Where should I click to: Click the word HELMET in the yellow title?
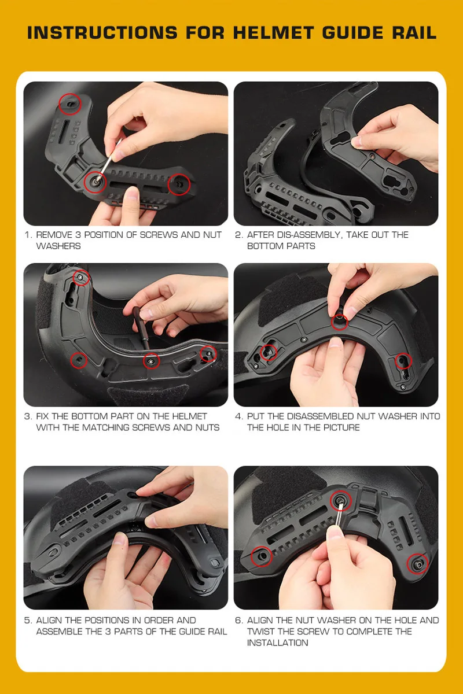point(274,32)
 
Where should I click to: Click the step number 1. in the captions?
point(28,235)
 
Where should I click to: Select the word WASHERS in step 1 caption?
point(58,246)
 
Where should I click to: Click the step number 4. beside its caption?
point(239,416)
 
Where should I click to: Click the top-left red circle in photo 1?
point(70,104)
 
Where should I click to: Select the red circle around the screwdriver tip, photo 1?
point(95,182)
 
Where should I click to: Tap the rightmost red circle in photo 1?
point(179,184)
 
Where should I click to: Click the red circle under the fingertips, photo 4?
point(339,322)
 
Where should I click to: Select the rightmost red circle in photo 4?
point(403,361)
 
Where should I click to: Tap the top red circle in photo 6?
point(340,501)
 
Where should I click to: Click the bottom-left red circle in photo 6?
point(262,556)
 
